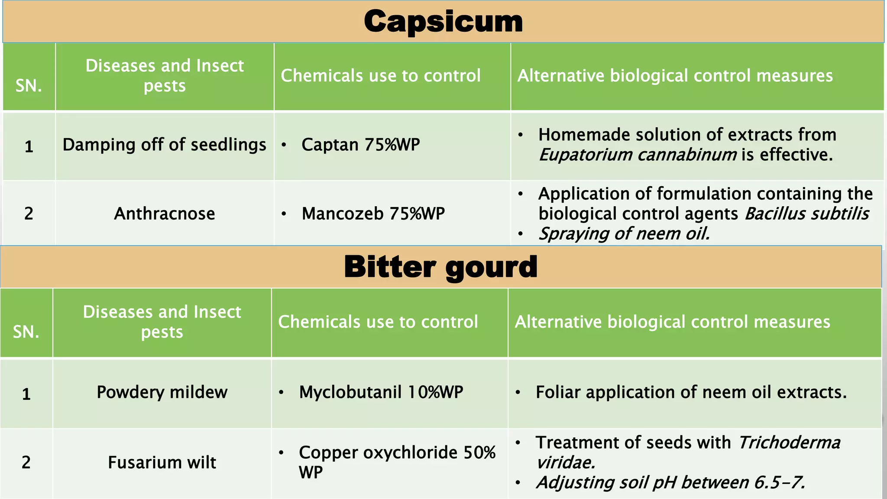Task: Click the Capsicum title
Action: tap(443, 22)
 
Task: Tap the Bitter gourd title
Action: tap(440, 267)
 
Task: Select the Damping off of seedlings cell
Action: tap(164, 145)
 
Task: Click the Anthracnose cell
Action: tap(164, 214)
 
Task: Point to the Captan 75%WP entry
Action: tap(360, 145)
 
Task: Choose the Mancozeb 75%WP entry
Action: tap(373, 214)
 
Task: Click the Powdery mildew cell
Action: tap(162, 392)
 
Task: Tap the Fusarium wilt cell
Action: tap(162, 463)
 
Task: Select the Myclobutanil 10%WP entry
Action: tap(381, 392)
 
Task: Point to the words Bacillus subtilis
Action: tap(806, 214)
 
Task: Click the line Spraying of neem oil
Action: tap(624, 234)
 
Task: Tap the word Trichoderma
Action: tap(789, 443)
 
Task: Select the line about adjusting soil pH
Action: tap(670, 483)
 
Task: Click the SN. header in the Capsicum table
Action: tap(29, 86)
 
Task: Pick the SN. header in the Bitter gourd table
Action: tap(26, 332)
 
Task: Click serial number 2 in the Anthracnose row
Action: tap(29, 214)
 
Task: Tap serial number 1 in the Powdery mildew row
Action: tap(26, 394)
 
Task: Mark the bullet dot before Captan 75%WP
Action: tap(284, 145)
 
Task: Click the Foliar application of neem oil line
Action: tap(691, 392)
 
